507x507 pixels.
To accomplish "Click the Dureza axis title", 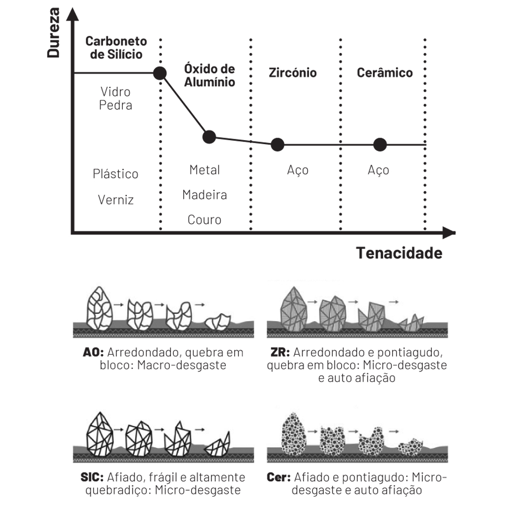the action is point(53,33).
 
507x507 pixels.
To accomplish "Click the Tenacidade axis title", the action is point(399,253).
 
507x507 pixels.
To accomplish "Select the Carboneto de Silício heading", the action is point(116,48).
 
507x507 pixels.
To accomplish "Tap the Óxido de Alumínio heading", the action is point(209,75).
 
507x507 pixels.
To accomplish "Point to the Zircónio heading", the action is point(293,73).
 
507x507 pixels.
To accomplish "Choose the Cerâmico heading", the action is point(385,72).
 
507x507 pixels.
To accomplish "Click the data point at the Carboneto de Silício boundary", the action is point(160,73).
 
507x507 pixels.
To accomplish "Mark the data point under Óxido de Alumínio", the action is point(209,137).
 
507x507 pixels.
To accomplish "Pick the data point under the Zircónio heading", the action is point(277,145).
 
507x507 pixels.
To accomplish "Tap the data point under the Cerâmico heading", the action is point(380,145).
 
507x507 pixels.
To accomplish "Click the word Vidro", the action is point(115,92).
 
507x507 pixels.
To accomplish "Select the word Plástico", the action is point(115,174).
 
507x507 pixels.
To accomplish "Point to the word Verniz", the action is point(116,200).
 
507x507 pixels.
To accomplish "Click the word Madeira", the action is point(204,195).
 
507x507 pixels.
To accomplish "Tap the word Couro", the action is point(204,220).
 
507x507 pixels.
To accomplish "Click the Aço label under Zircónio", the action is point(298,170).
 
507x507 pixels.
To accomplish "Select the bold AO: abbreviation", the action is point(94,352).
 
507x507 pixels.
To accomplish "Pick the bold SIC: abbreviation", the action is point(92,477).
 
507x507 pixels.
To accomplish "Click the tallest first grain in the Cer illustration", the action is point(294,434).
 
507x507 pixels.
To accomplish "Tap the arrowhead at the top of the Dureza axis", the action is point(73,14).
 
